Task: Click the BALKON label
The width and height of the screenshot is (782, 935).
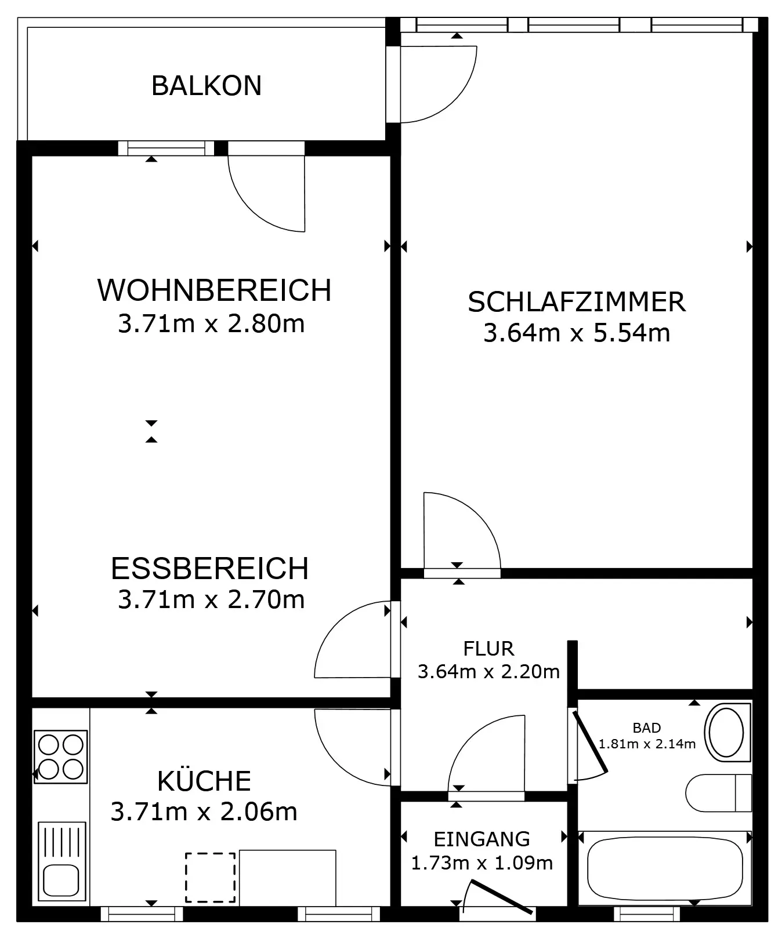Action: pos(207,86)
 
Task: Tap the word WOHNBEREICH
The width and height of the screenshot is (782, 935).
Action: pos(214,290)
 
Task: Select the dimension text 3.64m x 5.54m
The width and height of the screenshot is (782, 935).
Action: pos(577,333)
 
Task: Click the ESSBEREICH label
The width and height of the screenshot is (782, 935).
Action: pos(209,569)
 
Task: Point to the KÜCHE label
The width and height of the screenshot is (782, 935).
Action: pos(204,781)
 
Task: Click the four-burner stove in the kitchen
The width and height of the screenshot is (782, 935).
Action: pos(61,756)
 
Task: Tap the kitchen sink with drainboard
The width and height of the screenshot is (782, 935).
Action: pos(61,861)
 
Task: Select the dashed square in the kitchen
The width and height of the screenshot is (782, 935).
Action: pos(210,877)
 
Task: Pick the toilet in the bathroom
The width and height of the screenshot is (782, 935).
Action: pos(718,793)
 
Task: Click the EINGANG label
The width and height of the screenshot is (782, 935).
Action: pos(482,839)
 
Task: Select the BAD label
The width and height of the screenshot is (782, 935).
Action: pos(647,727)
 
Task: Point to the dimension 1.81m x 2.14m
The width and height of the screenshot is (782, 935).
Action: pos(647,744)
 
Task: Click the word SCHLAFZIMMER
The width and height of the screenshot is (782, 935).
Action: pos(577,303)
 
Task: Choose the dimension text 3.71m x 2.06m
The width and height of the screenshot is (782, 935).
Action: pos(204,812)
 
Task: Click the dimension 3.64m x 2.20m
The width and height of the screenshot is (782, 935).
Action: pos(489,671)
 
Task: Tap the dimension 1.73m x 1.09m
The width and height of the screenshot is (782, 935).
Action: pos(482,863)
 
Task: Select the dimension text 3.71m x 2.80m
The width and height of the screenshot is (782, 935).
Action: pos(212,323)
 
